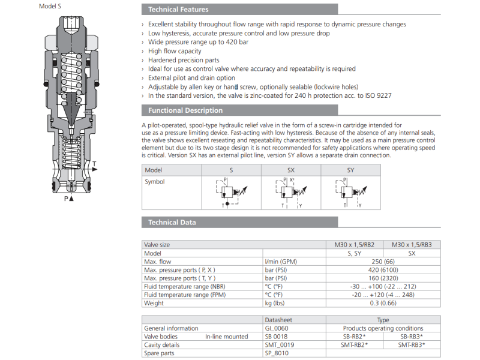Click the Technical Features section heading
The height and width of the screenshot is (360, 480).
click(178, 10)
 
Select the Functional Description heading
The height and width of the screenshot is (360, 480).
click(185, 110)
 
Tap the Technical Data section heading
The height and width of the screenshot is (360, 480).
click(172, 223)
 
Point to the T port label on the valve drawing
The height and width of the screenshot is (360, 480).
click(94, 164)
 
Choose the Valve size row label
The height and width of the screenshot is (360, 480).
click(157, 245)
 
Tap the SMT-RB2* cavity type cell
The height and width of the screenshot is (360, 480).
click(355, 345)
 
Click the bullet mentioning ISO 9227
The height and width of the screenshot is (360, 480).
click(270, 95)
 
